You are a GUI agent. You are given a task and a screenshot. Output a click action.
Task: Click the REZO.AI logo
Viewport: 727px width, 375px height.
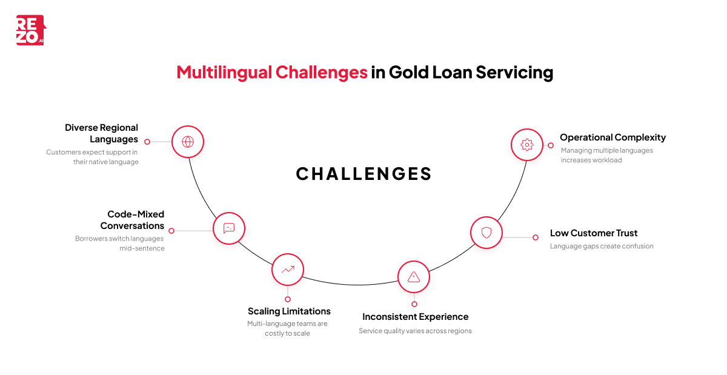[x=30, y=30]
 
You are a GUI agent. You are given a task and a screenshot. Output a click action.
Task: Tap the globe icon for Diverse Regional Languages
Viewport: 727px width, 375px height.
[x=188, y=142]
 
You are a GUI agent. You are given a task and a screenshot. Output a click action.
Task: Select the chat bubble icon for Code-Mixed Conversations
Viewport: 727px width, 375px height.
[x=229, y=228]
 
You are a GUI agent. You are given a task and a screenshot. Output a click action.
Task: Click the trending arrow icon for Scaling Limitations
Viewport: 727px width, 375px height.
[x=288, y=270]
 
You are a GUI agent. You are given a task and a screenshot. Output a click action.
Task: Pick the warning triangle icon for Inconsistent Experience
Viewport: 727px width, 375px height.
[x=414, y=277]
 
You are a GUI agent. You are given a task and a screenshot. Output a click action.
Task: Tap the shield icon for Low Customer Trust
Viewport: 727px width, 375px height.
[x=486, y=233]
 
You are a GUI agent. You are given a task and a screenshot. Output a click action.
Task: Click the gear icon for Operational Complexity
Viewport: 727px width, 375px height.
[x=526, y=145]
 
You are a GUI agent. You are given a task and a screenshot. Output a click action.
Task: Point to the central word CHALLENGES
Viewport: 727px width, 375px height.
[x=363, y=174]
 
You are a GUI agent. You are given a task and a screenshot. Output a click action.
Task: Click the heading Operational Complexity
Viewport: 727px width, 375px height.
[x=612, y=138]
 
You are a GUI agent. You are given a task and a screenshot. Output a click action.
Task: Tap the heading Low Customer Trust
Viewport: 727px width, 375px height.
[x=594, y=233]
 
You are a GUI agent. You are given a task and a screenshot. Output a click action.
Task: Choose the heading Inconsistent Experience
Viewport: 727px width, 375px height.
[x=415, y=317]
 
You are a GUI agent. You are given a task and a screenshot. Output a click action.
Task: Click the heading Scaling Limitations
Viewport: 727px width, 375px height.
[x=289, y=311]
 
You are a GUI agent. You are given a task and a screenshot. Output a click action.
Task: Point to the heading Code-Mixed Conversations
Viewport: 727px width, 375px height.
[x=132, y=220]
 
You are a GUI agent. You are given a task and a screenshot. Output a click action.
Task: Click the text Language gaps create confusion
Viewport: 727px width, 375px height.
[x=602, y=247]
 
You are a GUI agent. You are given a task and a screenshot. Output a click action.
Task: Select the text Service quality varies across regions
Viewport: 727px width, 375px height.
[x=415, y=331]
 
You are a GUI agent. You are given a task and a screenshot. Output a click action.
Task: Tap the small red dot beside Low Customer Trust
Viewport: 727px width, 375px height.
[x=536, y=237]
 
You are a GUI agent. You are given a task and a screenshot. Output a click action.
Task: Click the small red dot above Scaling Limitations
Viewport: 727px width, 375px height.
[x=288, y=299]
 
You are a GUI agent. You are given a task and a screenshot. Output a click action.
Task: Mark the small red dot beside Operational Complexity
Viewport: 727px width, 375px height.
[x=551, y=145]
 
